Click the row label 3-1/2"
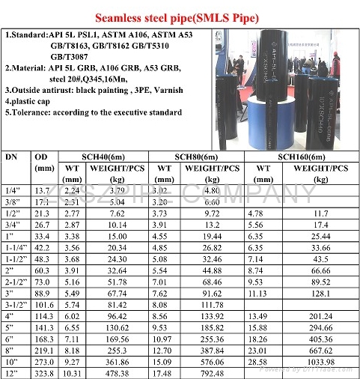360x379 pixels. [15, 306]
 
